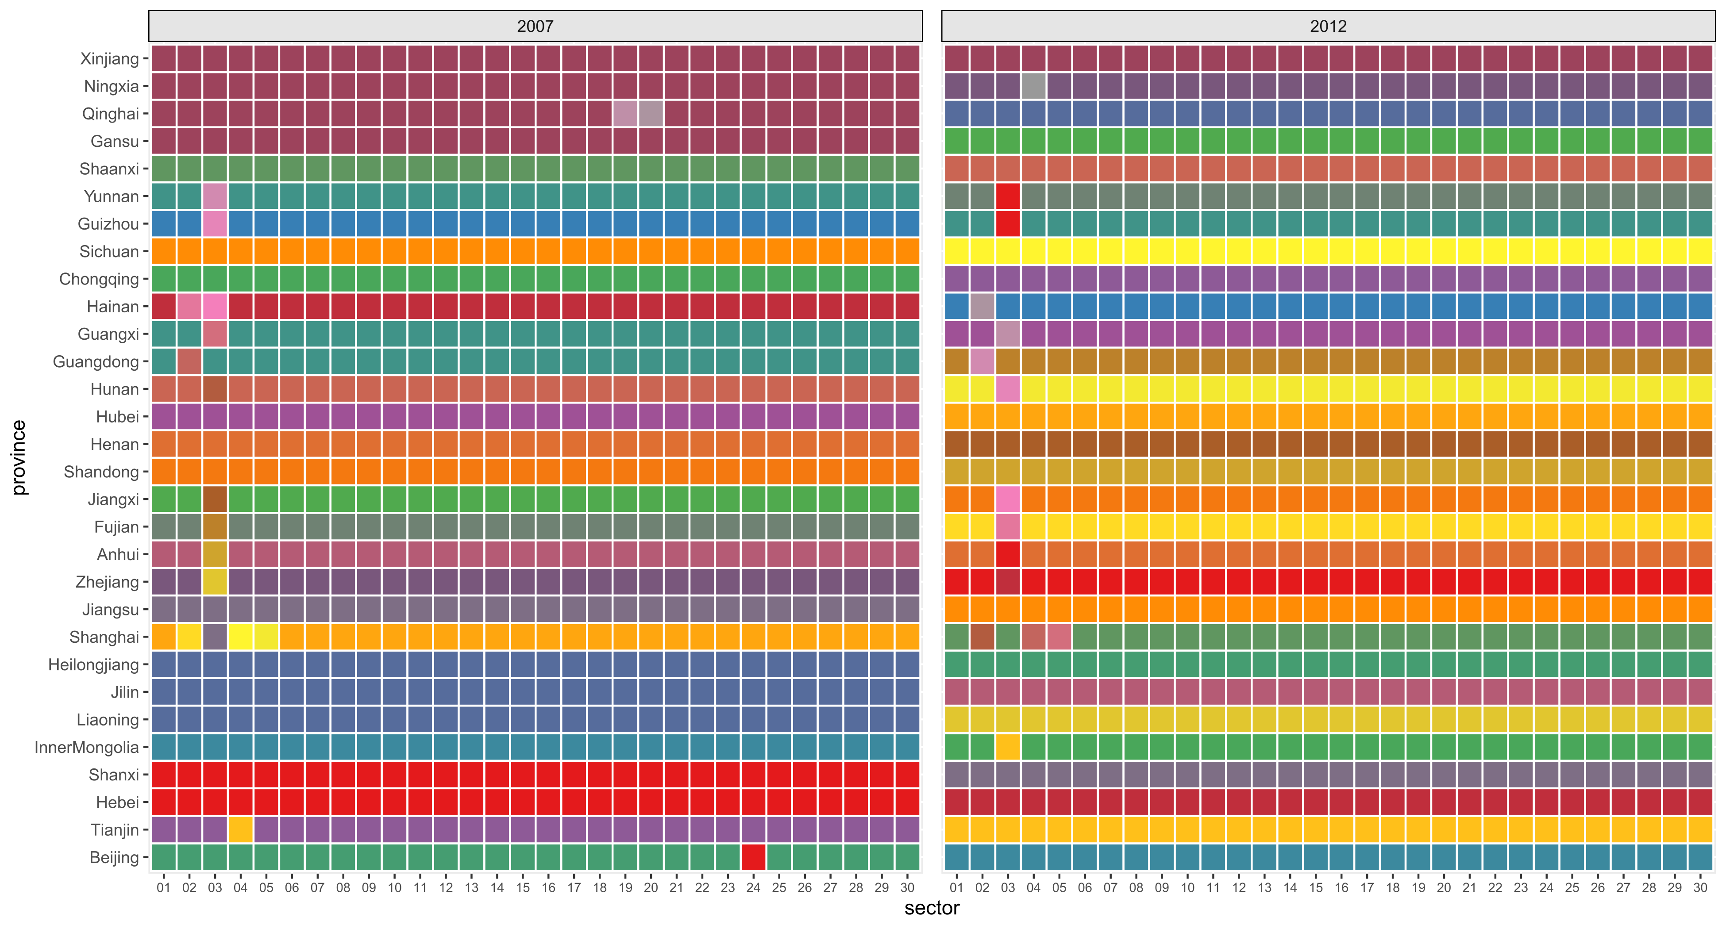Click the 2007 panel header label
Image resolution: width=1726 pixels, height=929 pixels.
point(535,26)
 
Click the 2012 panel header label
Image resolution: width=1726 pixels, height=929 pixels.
point(1328,26)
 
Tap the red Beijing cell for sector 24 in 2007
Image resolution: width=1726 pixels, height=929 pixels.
point(753,857)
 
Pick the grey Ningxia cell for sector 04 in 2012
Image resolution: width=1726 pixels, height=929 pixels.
point(1034,86)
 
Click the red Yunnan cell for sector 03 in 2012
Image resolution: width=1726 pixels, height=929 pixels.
point(1008,196)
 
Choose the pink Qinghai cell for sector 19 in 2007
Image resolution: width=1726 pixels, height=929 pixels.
point(625,114)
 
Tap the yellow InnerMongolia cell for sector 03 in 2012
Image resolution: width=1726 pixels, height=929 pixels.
point(1008,747)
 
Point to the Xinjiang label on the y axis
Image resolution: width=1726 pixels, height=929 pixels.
point(109,59)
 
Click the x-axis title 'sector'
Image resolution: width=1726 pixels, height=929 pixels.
point(931,908)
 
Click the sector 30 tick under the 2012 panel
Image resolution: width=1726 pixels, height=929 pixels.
point(1700,887)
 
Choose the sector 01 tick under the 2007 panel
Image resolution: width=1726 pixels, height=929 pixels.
point(163,887)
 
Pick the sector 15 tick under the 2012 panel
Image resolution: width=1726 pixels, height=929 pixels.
point(1315,887)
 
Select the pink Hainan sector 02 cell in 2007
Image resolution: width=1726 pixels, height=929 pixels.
point(189,307)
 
